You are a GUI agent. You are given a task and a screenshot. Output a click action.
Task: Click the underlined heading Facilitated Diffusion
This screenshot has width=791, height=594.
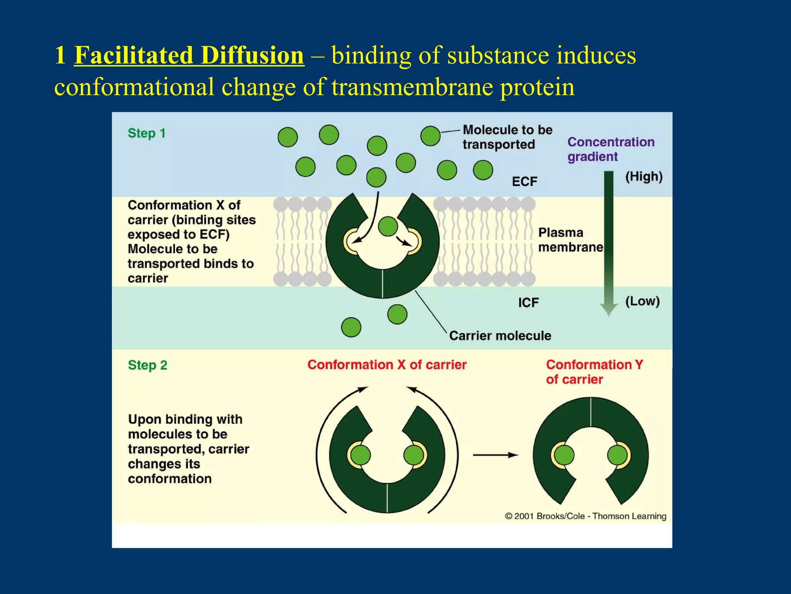[x=189, y=55]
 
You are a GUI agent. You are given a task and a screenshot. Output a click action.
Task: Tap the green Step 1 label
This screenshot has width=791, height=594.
[x=147, y=133]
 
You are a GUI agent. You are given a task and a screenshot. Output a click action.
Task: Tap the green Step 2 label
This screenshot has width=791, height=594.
[x=148, y=365]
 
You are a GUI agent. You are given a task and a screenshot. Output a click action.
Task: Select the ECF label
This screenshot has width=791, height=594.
[x=525, y=181]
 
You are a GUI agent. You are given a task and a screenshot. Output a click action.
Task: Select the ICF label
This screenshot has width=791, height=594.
[x=528, y=302]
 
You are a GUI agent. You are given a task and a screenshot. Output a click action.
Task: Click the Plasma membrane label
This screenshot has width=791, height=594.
[x=570, y=240]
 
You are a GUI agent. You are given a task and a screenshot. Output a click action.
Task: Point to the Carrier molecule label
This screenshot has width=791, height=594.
[x=500, y=336]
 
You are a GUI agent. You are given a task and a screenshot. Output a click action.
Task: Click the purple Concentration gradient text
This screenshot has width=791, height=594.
[x=611, y=149]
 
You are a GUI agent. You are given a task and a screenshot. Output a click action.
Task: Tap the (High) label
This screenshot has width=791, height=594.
[x=644, y=177]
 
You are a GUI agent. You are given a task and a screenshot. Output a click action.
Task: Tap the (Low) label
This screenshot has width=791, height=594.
[x=642, y=301]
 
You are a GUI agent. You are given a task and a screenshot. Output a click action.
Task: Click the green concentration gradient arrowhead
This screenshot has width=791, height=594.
[x=609, y=309]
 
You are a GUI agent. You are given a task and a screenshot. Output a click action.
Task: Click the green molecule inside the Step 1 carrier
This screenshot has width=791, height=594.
[x=388, y=226]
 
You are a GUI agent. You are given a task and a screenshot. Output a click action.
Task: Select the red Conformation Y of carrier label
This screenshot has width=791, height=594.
[x=594, y=372]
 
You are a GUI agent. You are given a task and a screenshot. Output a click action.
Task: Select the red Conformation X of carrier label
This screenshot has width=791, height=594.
[x=387, y=365]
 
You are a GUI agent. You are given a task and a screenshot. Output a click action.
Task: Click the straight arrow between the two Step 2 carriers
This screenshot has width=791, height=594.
[x=496, y=455]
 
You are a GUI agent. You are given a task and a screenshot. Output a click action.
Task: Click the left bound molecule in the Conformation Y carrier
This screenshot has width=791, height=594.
[x=564, y=455]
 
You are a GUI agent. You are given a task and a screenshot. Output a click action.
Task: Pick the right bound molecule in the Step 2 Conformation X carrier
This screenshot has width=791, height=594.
[x=413, y=455]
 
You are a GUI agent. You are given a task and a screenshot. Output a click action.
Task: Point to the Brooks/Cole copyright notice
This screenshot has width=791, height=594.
[x=586, y=516]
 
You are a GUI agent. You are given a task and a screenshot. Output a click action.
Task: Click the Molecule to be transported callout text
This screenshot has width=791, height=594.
[x=507, y=137]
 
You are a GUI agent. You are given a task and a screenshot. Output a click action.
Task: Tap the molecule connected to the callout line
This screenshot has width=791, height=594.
[x=430, y=136]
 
